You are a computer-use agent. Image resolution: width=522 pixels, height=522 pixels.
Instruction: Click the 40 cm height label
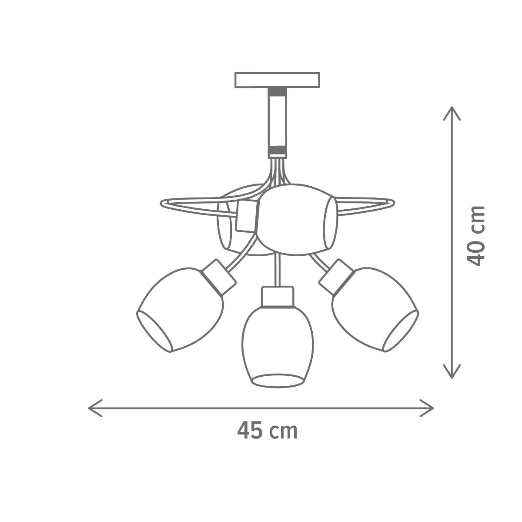[475, 236]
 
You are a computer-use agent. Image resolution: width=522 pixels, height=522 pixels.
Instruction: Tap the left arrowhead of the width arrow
[95, 408]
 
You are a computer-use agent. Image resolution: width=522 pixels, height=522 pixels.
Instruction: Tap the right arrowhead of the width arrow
[426, 408]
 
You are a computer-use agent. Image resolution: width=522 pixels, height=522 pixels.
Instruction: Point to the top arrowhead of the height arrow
[452, 113]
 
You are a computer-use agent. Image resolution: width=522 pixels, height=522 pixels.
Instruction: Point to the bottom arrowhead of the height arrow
[452, 371]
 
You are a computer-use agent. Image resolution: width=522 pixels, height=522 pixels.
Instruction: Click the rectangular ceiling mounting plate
[277, 80]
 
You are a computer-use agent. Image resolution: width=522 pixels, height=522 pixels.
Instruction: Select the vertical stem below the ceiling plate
[277, 123]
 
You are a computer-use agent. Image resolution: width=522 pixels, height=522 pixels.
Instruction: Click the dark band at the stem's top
[277, 92]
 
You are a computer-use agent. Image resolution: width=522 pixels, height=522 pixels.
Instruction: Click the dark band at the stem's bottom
[277, 150]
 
